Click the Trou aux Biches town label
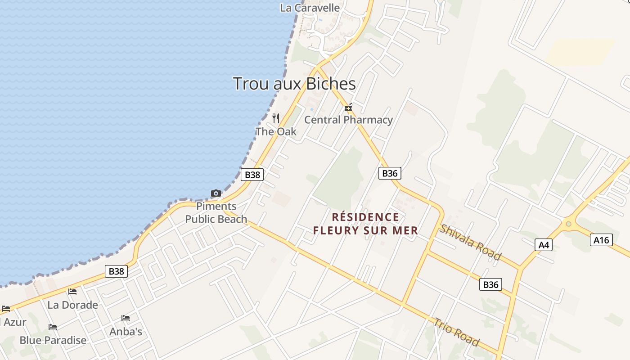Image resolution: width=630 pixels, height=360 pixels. point(294,84)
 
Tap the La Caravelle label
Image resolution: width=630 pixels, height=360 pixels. point(310,8)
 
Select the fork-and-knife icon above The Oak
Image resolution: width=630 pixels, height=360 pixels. point(276,118)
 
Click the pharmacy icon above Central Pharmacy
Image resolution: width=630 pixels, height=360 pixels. point(348,108)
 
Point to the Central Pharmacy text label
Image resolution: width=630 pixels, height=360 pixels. point(348,120)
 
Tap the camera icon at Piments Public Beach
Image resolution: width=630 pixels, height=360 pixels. point(216,193)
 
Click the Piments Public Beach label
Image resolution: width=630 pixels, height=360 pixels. point(216,213)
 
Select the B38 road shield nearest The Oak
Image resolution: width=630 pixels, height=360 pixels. point(252,175)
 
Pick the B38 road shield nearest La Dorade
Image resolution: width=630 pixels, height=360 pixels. point(116,271)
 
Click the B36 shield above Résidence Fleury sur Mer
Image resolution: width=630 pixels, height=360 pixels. point(390,173)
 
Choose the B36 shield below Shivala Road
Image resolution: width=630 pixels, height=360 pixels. point(490,284)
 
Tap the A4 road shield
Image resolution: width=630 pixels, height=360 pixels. point(544,245)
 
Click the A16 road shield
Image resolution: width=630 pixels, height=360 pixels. point(601,240)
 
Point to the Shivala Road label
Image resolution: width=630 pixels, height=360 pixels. point(471,242)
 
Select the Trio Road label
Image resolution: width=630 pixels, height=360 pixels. point(456,332)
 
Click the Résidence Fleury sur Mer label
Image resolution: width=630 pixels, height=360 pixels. point(365,224)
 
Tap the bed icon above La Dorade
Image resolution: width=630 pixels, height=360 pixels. point(72,292)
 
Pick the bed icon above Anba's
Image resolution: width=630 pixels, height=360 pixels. point(126,318)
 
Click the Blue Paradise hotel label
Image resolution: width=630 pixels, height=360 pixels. point(53,340)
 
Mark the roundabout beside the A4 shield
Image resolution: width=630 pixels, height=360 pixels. point(569,224)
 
